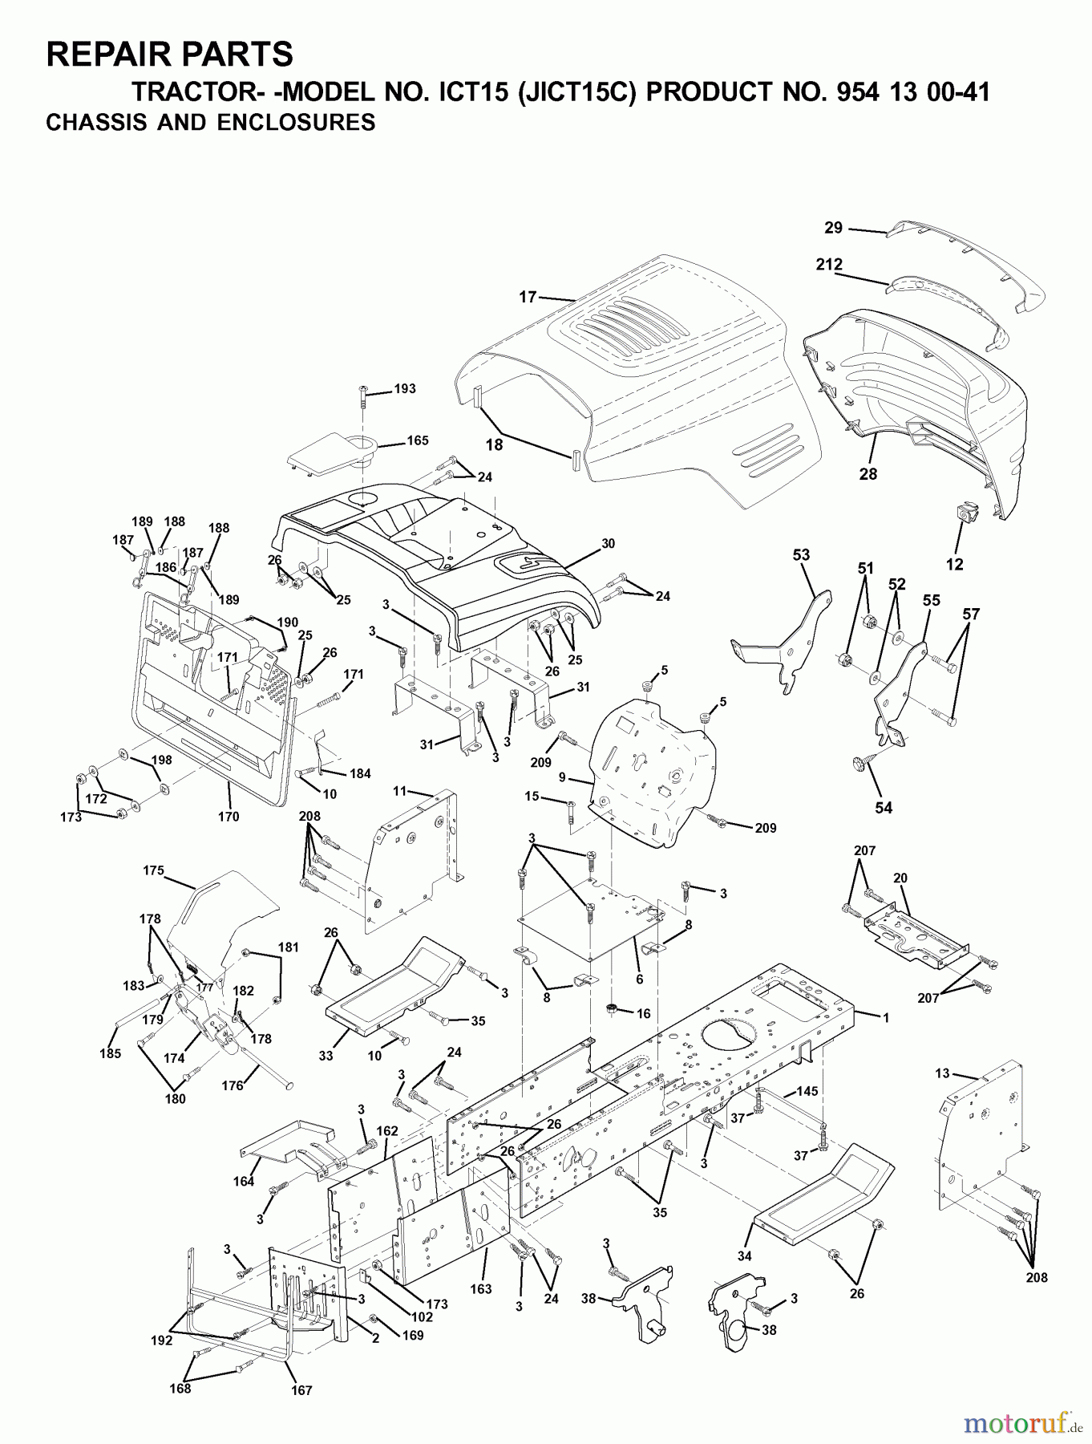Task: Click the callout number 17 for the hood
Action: [x=527, y=297]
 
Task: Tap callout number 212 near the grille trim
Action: [x=829, y=264]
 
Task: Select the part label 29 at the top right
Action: [x=834, y=228]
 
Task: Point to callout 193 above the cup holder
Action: [x=405, y=388]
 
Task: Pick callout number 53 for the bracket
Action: [x=801, y=554]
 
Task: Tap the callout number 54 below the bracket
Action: [x=883, y=807]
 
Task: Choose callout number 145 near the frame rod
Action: [x=807, y=1092]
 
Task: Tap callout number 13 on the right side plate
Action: [x=941, y=1073]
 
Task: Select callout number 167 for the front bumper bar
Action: [x=301, y=1390]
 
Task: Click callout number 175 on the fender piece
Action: [x=153, y=870]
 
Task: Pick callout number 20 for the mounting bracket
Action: [x=900, y=878]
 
